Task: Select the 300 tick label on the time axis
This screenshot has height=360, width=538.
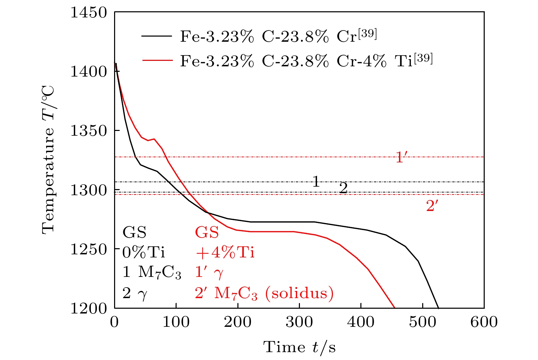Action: [x=299, y=322]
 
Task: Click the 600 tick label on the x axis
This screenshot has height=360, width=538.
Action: [x=484, y=322]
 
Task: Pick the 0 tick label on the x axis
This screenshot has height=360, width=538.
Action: [x=114, y=322]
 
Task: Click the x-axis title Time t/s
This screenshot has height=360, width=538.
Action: [x=299, y=347]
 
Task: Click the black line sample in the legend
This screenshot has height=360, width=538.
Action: [x=157, y=36]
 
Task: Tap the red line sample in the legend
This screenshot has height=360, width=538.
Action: [x=157, y=60]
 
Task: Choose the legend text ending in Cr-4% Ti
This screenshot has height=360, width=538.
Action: [x=306, y=61]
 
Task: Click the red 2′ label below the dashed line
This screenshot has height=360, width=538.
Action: [x=432, y=206]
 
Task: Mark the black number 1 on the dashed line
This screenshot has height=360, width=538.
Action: [x=316, y=182]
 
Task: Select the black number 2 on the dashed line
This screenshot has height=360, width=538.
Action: [x=343, y=188]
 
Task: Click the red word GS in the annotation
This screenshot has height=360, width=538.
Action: [x=207, y=233]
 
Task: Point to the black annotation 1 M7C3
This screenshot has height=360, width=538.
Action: [x=152, y=272]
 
